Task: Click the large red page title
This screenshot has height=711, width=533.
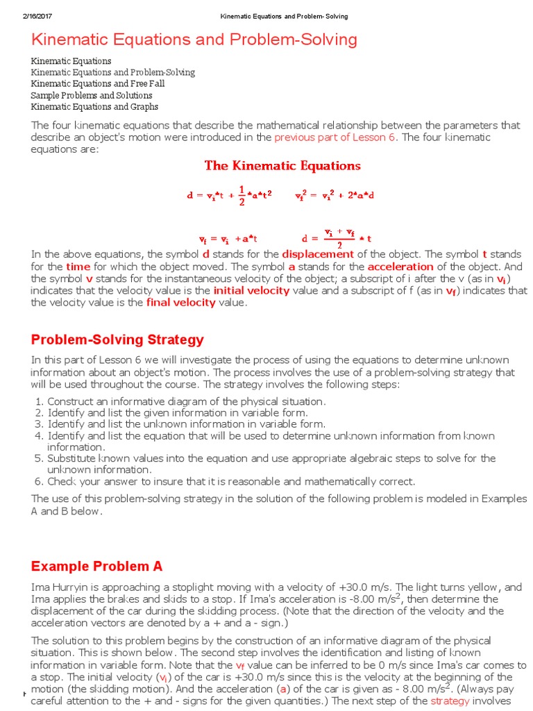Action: pyautogui.click(x=194, y=40)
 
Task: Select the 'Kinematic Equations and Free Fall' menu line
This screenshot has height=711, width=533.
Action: pyautogui.click(x=98, y=84)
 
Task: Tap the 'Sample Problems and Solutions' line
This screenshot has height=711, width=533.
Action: pyautogui.click(x=92, y=95)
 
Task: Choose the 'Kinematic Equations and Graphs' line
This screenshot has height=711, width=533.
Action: pyautogui.click(x=94, y=107)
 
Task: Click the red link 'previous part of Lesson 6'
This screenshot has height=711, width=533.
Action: pyautogui.click(x=335, y=137)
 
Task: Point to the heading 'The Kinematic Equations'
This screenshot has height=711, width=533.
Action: pyautogui.click(x=282, y=166)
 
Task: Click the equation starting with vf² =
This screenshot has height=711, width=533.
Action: pyautogui.click(x=335, y=195)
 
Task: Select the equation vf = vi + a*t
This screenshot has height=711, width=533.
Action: pyautogui.click(x=228, y=238)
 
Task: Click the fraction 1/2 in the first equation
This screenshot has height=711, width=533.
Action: pyautogui.click(x=242, y=194)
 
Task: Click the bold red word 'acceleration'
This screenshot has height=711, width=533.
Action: pyautogui.click(x=400, y=267)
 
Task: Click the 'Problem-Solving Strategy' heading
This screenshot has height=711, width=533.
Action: pyautogui.click(x=118, y=340)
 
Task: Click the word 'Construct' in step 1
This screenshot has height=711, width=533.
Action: pyautogui.click(x=69, y=401)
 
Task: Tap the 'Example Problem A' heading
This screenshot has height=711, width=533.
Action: pyautogui.click(x=97, y=566)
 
